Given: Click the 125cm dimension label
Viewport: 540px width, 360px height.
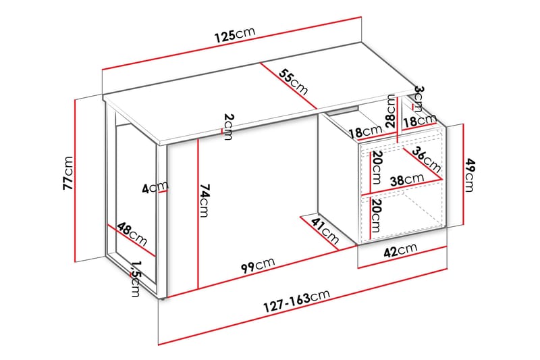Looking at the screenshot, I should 235,36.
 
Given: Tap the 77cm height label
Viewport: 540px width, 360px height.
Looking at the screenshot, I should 67,174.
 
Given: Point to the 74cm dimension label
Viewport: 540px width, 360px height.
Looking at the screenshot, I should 205,201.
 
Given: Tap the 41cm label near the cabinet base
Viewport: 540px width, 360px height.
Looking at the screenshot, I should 325,230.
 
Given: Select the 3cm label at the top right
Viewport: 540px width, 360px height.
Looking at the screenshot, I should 418,97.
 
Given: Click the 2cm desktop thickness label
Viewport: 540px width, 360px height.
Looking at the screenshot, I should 228,126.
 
